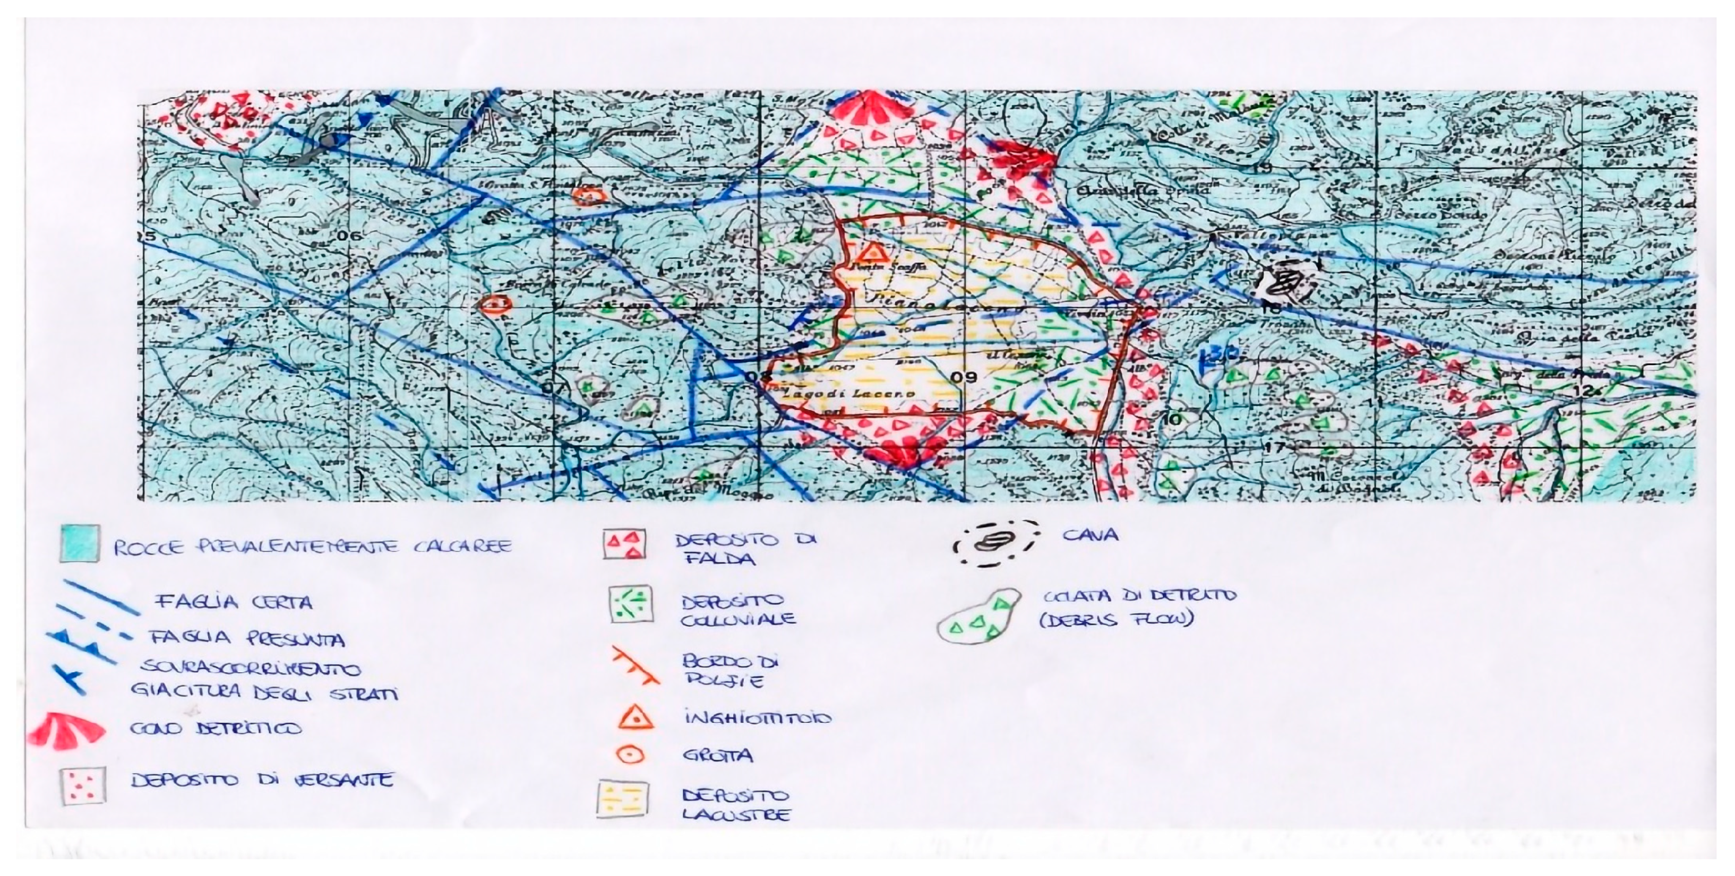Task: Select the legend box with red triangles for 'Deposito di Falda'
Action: (624, 545)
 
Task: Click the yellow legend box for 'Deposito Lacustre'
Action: (622, 799)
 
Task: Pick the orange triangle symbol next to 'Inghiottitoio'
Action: (634, 717)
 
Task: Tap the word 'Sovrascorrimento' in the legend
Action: (248, 669)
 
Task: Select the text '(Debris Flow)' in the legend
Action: (1115, 619)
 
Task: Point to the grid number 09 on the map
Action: (965, 377)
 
